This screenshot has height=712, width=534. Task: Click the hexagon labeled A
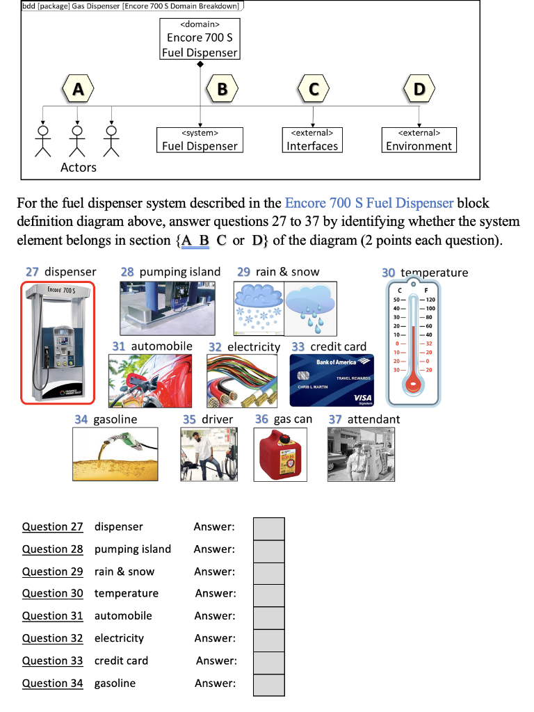78,89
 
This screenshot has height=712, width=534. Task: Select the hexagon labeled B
222,89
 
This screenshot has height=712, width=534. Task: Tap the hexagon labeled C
314,89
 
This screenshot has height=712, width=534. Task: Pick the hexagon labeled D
419,89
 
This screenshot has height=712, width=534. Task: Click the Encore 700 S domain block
200,40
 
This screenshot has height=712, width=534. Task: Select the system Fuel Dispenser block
200,140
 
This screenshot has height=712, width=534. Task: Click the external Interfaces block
312,140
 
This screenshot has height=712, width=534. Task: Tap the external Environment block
419,140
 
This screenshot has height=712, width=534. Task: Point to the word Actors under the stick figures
78,168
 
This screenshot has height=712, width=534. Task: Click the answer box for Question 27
268,528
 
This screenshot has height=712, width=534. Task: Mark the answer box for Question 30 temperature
268,594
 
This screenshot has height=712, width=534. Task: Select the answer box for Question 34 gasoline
268,684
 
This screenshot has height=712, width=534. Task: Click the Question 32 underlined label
52,638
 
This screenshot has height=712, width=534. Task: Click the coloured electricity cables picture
243,380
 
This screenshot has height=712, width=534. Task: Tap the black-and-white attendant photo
361,453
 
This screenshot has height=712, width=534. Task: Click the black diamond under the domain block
200,65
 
